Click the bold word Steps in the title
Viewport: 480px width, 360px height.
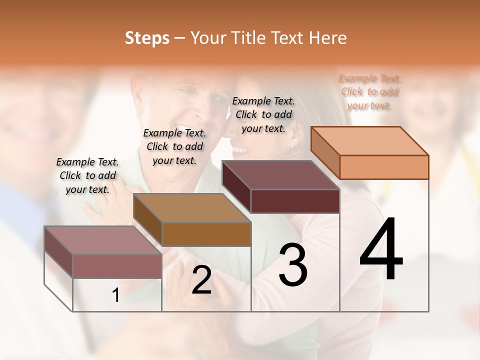(147, 38)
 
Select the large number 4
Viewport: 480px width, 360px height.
(381, 249)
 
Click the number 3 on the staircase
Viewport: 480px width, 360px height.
(293, 265)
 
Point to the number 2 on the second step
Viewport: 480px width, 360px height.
(201, 280)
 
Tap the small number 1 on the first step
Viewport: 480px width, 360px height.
(116, 295)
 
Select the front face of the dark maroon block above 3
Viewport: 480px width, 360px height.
(295, 201)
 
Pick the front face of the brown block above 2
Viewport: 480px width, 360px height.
(206, 234)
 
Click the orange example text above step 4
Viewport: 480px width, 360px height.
(369, 92)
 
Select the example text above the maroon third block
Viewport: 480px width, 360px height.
(263, 114)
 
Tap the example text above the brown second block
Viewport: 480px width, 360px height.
(174, 146)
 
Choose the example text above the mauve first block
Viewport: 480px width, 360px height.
(87, 175)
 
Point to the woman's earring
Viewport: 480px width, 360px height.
(292, 146)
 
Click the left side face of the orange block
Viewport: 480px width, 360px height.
(325, 152)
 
